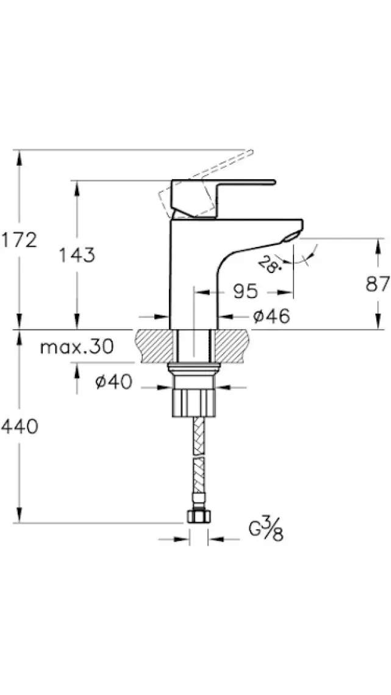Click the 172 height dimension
tap(19, 240)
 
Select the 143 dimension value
tap(77, 255)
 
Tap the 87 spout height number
tap(378, 283)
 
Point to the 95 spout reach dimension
tap(245, 291)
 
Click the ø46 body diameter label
tap(271, 316)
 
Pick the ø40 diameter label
tap(114, 381)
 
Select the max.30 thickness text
tap(77, 346)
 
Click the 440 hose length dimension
tap(19, 426)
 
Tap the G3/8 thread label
tap(266, 530)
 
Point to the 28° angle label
tap(267, 265)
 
